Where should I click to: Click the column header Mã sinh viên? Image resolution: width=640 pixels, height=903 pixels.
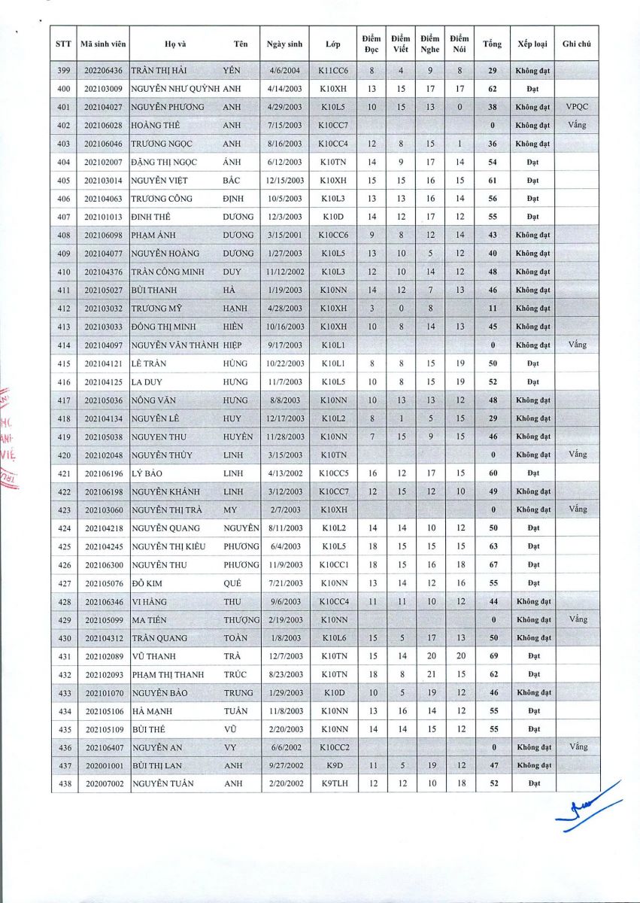point(103,44)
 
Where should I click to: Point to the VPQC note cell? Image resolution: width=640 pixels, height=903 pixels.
point(577,107)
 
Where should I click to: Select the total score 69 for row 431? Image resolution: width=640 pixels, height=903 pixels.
point(492,656)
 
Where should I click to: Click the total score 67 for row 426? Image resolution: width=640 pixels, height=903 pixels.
point(492,564)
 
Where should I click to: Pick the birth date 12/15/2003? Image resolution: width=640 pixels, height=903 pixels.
point(285,181)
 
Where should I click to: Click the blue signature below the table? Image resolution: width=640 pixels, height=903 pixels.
point(590,809)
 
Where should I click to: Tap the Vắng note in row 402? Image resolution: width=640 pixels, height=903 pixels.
point(577,124)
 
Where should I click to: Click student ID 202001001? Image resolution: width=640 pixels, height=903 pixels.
point(103,765)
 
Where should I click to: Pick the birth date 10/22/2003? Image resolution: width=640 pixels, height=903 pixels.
point(285,363)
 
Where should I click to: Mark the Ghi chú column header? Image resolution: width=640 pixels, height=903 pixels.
point(577,44)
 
